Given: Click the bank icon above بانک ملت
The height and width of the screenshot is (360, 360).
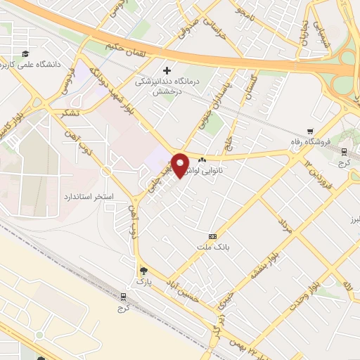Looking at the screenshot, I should coord(213,236).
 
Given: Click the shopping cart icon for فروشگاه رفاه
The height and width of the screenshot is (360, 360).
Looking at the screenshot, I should coord(310,130).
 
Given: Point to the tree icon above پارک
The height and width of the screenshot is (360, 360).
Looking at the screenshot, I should coord(143,271).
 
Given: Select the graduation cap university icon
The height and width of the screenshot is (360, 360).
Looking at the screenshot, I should coord(25,54).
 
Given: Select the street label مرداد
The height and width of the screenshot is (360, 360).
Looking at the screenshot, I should coord(285,226).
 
